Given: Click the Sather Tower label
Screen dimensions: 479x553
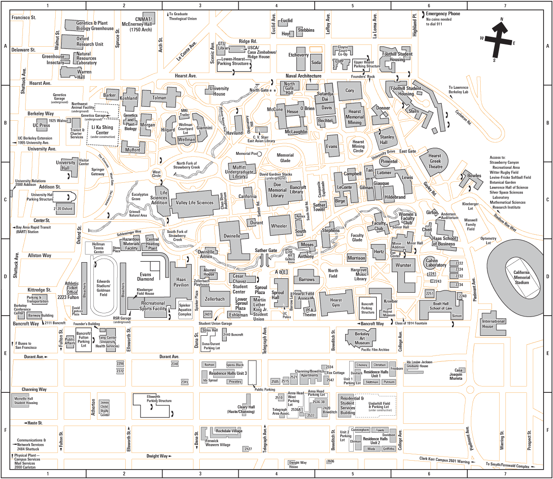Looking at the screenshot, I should (x=319, y=207).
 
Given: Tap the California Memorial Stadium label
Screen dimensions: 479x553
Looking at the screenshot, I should (x=522, y=277).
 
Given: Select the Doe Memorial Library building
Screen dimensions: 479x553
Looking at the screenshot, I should (x=277, y=190).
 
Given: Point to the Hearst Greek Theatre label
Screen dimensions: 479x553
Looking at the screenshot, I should (x=435, y=161).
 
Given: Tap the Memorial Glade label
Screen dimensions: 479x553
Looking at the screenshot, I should (x=285, y=158).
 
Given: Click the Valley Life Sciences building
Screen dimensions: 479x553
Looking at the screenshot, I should (x=194, y=203).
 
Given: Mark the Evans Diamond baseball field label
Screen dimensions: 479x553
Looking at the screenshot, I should (x=145, y=277).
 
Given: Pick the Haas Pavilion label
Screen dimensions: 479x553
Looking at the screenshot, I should (x=181, y=282).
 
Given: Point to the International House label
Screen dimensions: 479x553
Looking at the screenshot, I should (x=493, y=324).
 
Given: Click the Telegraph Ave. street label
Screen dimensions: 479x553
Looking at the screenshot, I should (x=265, y=338).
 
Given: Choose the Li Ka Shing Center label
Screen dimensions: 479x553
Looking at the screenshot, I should (x=102, y=130).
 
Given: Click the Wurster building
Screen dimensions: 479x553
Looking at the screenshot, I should (x=403, y=265).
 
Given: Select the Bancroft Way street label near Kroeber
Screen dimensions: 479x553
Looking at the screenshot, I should (x=373, y=324).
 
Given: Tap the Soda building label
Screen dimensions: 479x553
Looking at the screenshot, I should (x=316, y=62).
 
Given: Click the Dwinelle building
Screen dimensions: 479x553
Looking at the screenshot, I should (x=232, y=236).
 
